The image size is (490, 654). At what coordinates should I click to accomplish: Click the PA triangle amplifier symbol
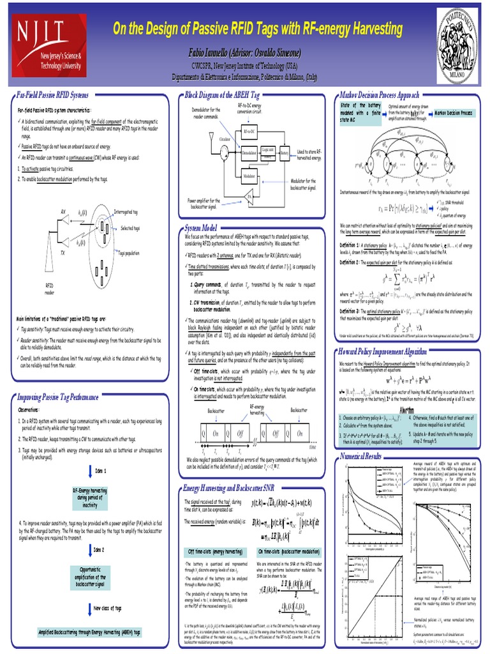[x=249, y=194]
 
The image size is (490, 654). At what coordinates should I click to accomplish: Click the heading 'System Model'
[x=201, y=227]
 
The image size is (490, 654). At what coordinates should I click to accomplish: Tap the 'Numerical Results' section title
[x=361, y=438]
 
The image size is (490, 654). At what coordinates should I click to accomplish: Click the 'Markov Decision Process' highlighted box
[x=454, y=112]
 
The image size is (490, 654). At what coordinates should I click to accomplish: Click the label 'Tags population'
[x=130, y=254]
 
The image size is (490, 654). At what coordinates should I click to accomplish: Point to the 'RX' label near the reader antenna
[x=63, y=211]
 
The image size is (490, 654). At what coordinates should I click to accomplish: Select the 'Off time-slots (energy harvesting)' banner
[x=214, y=551]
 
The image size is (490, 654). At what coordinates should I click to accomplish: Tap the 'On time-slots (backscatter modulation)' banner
[x=288, y=551]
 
